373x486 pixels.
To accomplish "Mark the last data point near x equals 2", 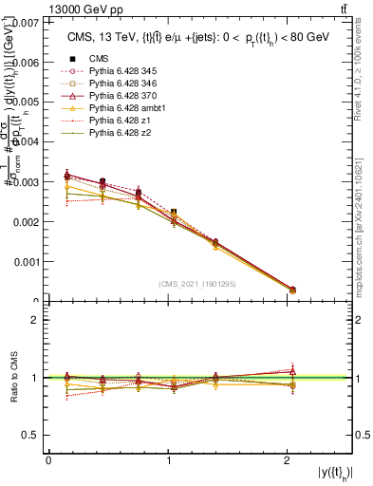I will click(x=292, y=290).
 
